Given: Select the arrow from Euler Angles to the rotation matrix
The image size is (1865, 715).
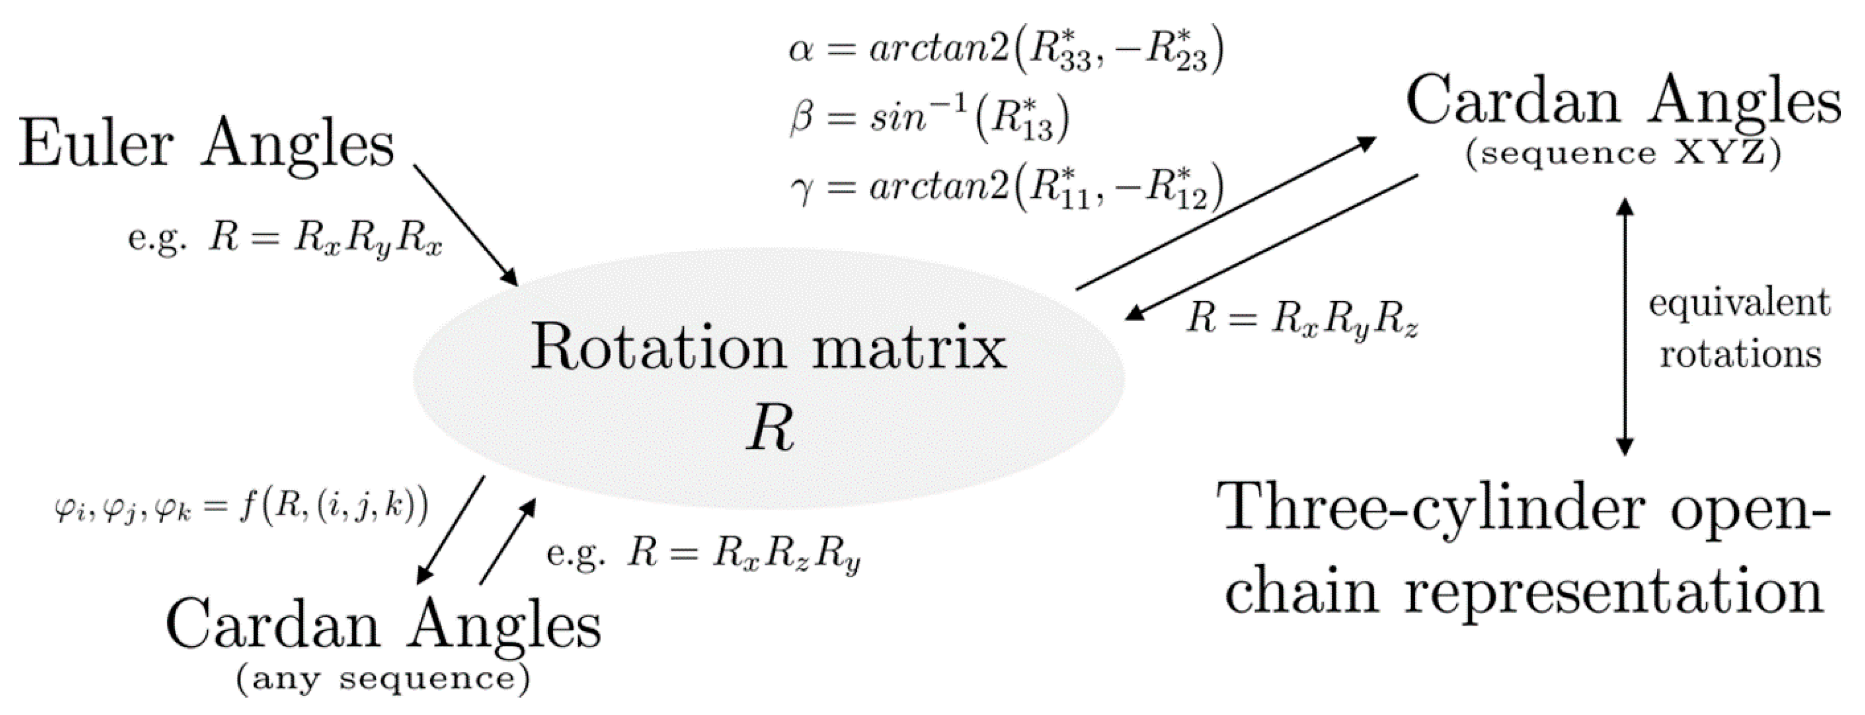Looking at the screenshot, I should click(x=465, y=225).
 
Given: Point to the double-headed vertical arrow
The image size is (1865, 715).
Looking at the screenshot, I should click(x=1625, y=326).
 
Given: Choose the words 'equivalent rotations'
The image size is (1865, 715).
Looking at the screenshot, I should click(x=1739, y=329).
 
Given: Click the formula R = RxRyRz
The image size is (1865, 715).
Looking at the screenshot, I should click(x=1301, y=319).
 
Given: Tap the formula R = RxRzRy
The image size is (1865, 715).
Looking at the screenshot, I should click(x=702, y=555).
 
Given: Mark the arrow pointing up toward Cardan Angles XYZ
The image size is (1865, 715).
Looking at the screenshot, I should click(x=1225, y=213).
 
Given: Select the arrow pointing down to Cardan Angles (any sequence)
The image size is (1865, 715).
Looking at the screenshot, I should click(x=450, y=531).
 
